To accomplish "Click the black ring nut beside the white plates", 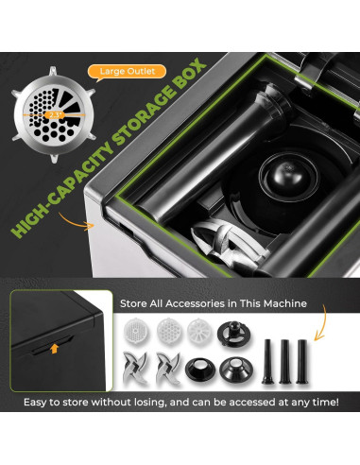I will [232, 330].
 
